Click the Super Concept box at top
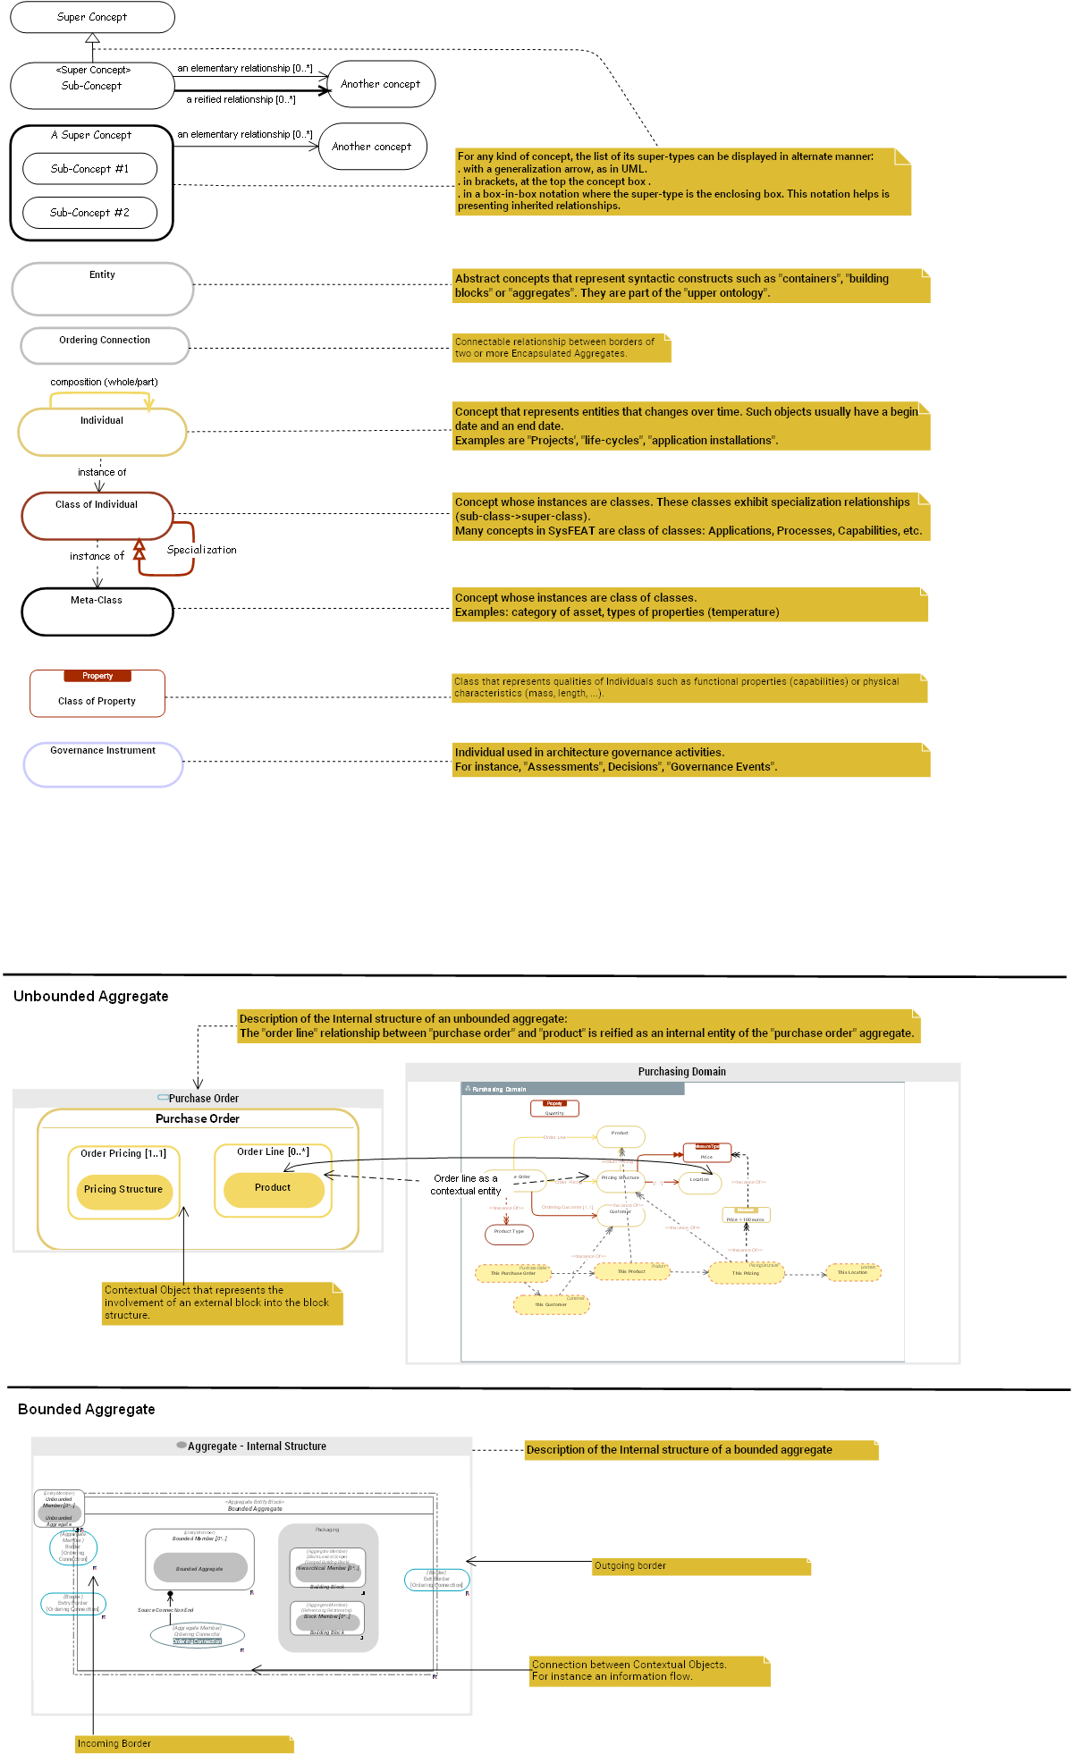tap(92, 17)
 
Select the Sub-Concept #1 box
tap(89, 168)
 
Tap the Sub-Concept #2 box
tap(89, 213)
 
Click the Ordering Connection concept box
tap(105, 345)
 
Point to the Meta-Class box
tap(97, 611)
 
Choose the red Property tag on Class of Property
tap(97, 676)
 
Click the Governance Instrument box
tap(103, 764)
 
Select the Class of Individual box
tap(97, 516)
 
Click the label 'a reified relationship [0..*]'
tap(241, 99)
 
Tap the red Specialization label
tap(202, 550)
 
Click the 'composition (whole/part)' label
tap(104, 382)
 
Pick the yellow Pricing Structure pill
tap(123, 1190)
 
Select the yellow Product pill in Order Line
tap(273, 1188)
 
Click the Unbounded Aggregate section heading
tap(90, 996)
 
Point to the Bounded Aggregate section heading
tap(86, 1409)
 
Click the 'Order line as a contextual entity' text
tap(465, 1185)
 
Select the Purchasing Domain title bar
tap(681, 1072)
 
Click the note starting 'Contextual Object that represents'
tap(222, 1303)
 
